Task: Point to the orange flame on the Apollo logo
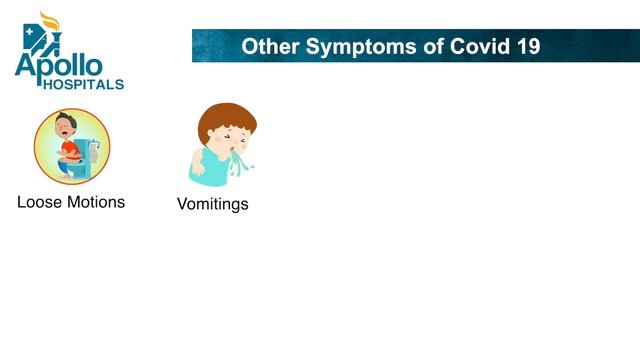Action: [43, 20]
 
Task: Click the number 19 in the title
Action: [527, 46]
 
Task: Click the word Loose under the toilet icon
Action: [40, 202]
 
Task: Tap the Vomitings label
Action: [212, 204]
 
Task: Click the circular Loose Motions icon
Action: [72, 147]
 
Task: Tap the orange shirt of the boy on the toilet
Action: [68, 151]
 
